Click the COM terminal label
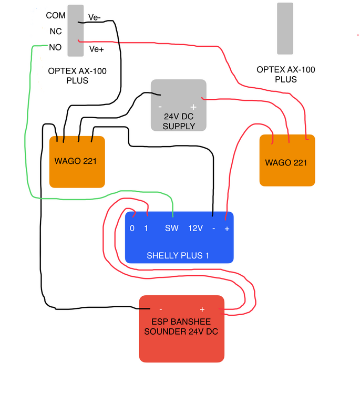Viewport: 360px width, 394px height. [x=56, y=16]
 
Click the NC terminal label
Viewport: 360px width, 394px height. [x=56, y=32]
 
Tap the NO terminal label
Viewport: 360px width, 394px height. [x=55, y=47]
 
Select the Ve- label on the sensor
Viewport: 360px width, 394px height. [x=95, y=17]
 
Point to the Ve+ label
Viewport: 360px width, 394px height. [x=96, y=49]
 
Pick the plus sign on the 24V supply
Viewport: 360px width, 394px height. [x=193, y=106]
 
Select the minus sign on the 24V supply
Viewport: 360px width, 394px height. [x=160, y=106]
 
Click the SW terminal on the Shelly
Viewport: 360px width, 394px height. [x=172, y=229]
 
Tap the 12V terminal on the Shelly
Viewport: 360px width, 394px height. [x=196, y=229]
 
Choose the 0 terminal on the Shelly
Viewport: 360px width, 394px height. [x=132, y=229]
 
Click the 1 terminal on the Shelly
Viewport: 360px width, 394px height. [x=147, y=229]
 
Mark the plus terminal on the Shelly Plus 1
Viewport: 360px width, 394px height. [x=227, y=229]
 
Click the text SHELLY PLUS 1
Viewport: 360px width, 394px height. [x=178, y=256]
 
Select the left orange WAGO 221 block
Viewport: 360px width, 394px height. [x=77, y=162]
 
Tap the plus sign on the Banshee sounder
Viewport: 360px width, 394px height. [x=202, y=309]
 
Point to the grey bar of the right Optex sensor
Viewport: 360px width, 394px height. [x=285, y=28]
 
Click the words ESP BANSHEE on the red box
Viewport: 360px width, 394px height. [x=181, y=322]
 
